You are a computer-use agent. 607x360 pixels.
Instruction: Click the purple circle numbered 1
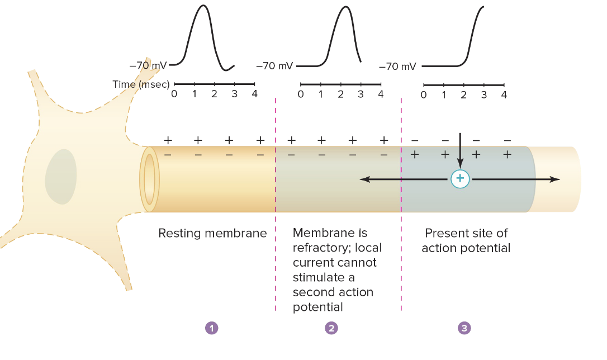(211, 328)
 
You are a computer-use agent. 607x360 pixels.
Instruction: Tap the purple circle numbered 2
(331, 328)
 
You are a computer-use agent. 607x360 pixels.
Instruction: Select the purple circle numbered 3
(464, 328)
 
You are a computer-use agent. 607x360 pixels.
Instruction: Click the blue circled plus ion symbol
(460, 179)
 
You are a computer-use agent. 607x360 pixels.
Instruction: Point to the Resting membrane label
(212, 233)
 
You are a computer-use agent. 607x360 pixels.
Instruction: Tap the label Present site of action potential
(466, 240)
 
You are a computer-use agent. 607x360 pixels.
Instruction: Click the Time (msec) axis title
(141, 84)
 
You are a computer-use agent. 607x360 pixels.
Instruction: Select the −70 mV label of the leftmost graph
(148, 65)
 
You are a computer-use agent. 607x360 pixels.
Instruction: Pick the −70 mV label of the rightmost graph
(397, 67)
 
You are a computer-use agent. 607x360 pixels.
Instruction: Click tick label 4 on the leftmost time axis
(254, 94)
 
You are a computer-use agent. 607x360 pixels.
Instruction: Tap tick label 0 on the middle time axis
(301, 94)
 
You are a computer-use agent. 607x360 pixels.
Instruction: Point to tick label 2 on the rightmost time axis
(463, 94)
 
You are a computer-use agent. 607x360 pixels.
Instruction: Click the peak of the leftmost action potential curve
(203, 6)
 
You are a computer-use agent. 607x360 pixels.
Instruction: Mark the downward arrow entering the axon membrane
(460, 148)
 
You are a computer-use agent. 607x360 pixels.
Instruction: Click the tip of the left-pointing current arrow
(361, 179)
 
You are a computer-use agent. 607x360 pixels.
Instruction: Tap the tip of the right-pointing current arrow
(558, 179)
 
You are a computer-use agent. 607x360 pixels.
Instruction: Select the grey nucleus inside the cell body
(61, 176)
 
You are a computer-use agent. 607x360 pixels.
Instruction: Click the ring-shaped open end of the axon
(150, 179)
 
